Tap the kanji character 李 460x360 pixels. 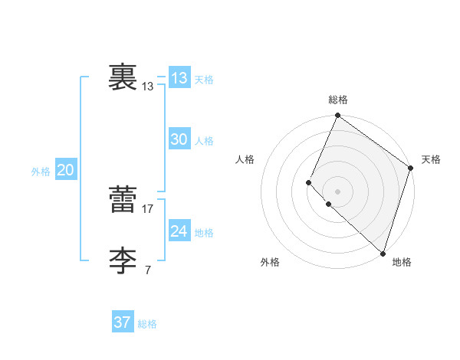[x=123, y=261]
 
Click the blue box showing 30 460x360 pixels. [x=179, y=139]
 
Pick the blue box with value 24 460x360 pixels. [x=179, y=231]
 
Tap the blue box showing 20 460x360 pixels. [x=65, y=170]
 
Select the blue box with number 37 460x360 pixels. [x=122, y=322]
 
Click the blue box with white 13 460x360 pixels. [x=179, y=78]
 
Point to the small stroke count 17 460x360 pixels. [x=149, y=208]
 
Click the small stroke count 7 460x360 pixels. [x=148, y=270]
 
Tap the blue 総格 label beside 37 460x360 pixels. [x=147, y=324]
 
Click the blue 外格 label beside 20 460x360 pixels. [x=41, y=172]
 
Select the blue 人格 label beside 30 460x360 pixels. [x=204, y=141]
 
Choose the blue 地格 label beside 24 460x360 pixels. [x=204, y=233]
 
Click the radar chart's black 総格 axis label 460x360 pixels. [x=338, y=100]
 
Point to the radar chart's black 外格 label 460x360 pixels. [x=270, y=263]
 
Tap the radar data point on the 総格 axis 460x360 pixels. [x=338, y=116]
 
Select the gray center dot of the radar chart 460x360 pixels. [x=338, y=191]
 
